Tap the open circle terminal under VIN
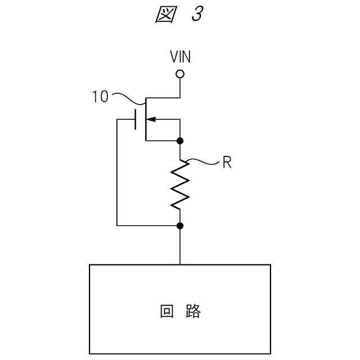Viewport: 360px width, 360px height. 180,74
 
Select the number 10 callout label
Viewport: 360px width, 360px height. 100,97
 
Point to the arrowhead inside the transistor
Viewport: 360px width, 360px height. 151,119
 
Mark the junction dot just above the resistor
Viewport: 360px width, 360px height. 180,140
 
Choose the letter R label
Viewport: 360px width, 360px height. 226,164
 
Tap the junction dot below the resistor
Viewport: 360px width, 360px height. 180,226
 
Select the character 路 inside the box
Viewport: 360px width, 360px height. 192,311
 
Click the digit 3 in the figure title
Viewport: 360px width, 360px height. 196,15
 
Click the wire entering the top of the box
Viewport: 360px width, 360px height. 180,247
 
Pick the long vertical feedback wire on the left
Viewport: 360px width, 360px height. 117,174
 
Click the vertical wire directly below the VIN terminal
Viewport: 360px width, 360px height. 180,87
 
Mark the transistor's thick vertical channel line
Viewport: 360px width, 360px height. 145,119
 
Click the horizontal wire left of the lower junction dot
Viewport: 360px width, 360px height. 146,226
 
